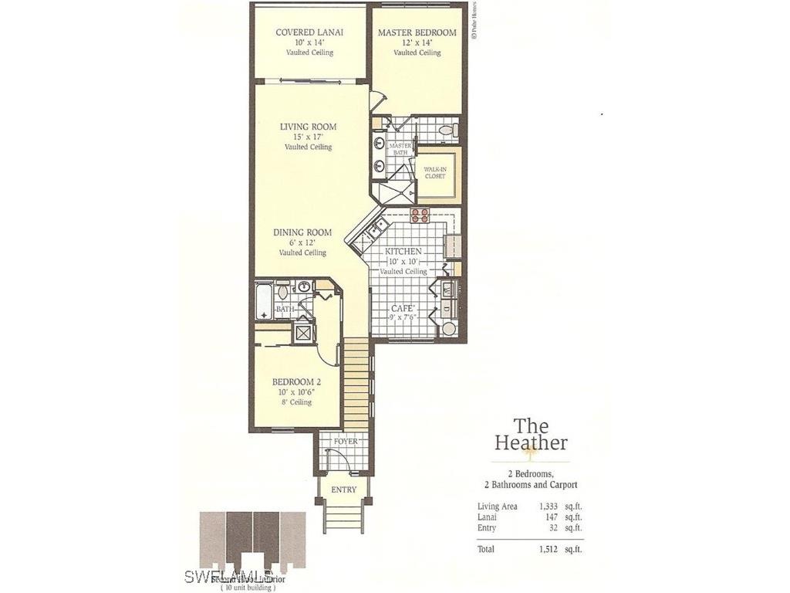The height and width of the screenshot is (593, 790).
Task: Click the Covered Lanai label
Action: [x=309, y=32]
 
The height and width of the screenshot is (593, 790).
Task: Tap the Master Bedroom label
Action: [x=417, y=32]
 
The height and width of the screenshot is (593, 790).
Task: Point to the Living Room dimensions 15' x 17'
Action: [x=308, y=137]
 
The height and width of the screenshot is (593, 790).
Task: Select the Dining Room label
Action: [x=302, y=232]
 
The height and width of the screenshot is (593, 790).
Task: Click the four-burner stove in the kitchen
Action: [x=420, y=215]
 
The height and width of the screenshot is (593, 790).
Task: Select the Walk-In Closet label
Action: [x=434, y=172]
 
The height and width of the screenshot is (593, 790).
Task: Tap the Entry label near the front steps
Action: [x=343, y=490]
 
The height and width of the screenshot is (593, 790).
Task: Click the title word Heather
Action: [x=531, y=443]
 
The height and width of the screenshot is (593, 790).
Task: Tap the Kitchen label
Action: [x=403, y=252]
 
